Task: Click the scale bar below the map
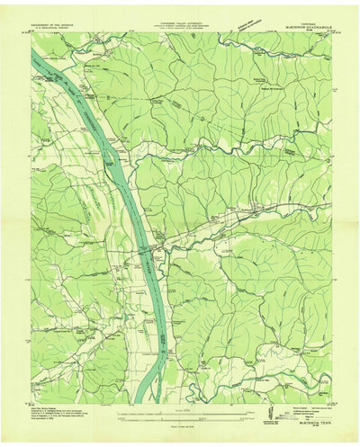(180, 416)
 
